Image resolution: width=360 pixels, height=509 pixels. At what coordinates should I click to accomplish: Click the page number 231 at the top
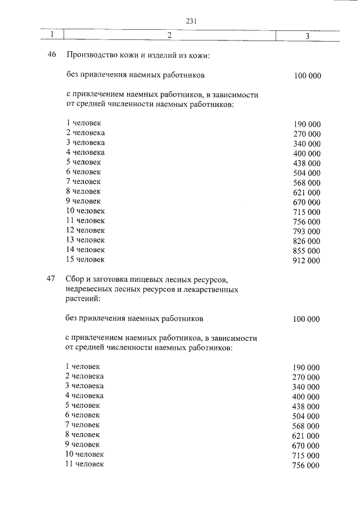click(190, 21)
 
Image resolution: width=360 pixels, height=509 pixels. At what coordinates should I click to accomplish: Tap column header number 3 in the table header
click(308, 36)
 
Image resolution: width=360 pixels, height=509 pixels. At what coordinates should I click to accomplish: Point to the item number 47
click(50, 279)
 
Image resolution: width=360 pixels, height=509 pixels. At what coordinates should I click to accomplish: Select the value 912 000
click(307, 260)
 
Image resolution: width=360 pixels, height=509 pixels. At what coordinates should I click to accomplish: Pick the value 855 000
click(307, 251)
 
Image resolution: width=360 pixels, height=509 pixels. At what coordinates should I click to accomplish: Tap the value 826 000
click(307, 241)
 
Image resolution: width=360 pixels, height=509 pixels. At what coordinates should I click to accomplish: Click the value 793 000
click(307, 231)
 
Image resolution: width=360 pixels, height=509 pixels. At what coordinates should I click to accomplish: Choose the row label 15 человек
click(85, 260)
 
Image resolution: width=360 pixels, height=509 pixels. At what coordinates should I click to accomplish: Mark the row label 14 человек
click(85, 250)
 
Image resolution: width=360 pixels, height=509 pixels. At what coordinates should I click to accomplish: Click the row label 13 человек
click(85, 240)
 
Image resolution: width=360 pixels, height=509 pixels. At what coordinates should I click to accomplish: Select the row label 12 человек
click(85, 231)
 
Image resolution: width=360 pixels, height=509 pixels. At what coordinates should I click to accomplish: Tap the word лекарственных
click(211, 290)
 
